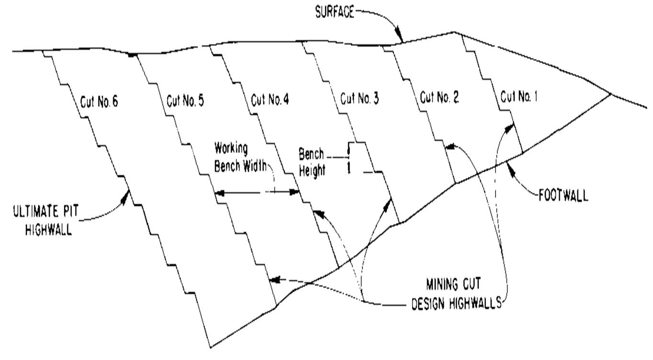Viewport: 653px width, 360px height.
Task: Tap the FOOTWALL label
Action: [x=563, y=196]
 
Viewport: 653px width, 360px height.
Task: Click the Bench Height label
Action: [x=312, y=162]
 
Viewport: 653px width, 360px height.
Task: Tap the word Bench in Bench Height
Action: [x=311, y=155]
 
